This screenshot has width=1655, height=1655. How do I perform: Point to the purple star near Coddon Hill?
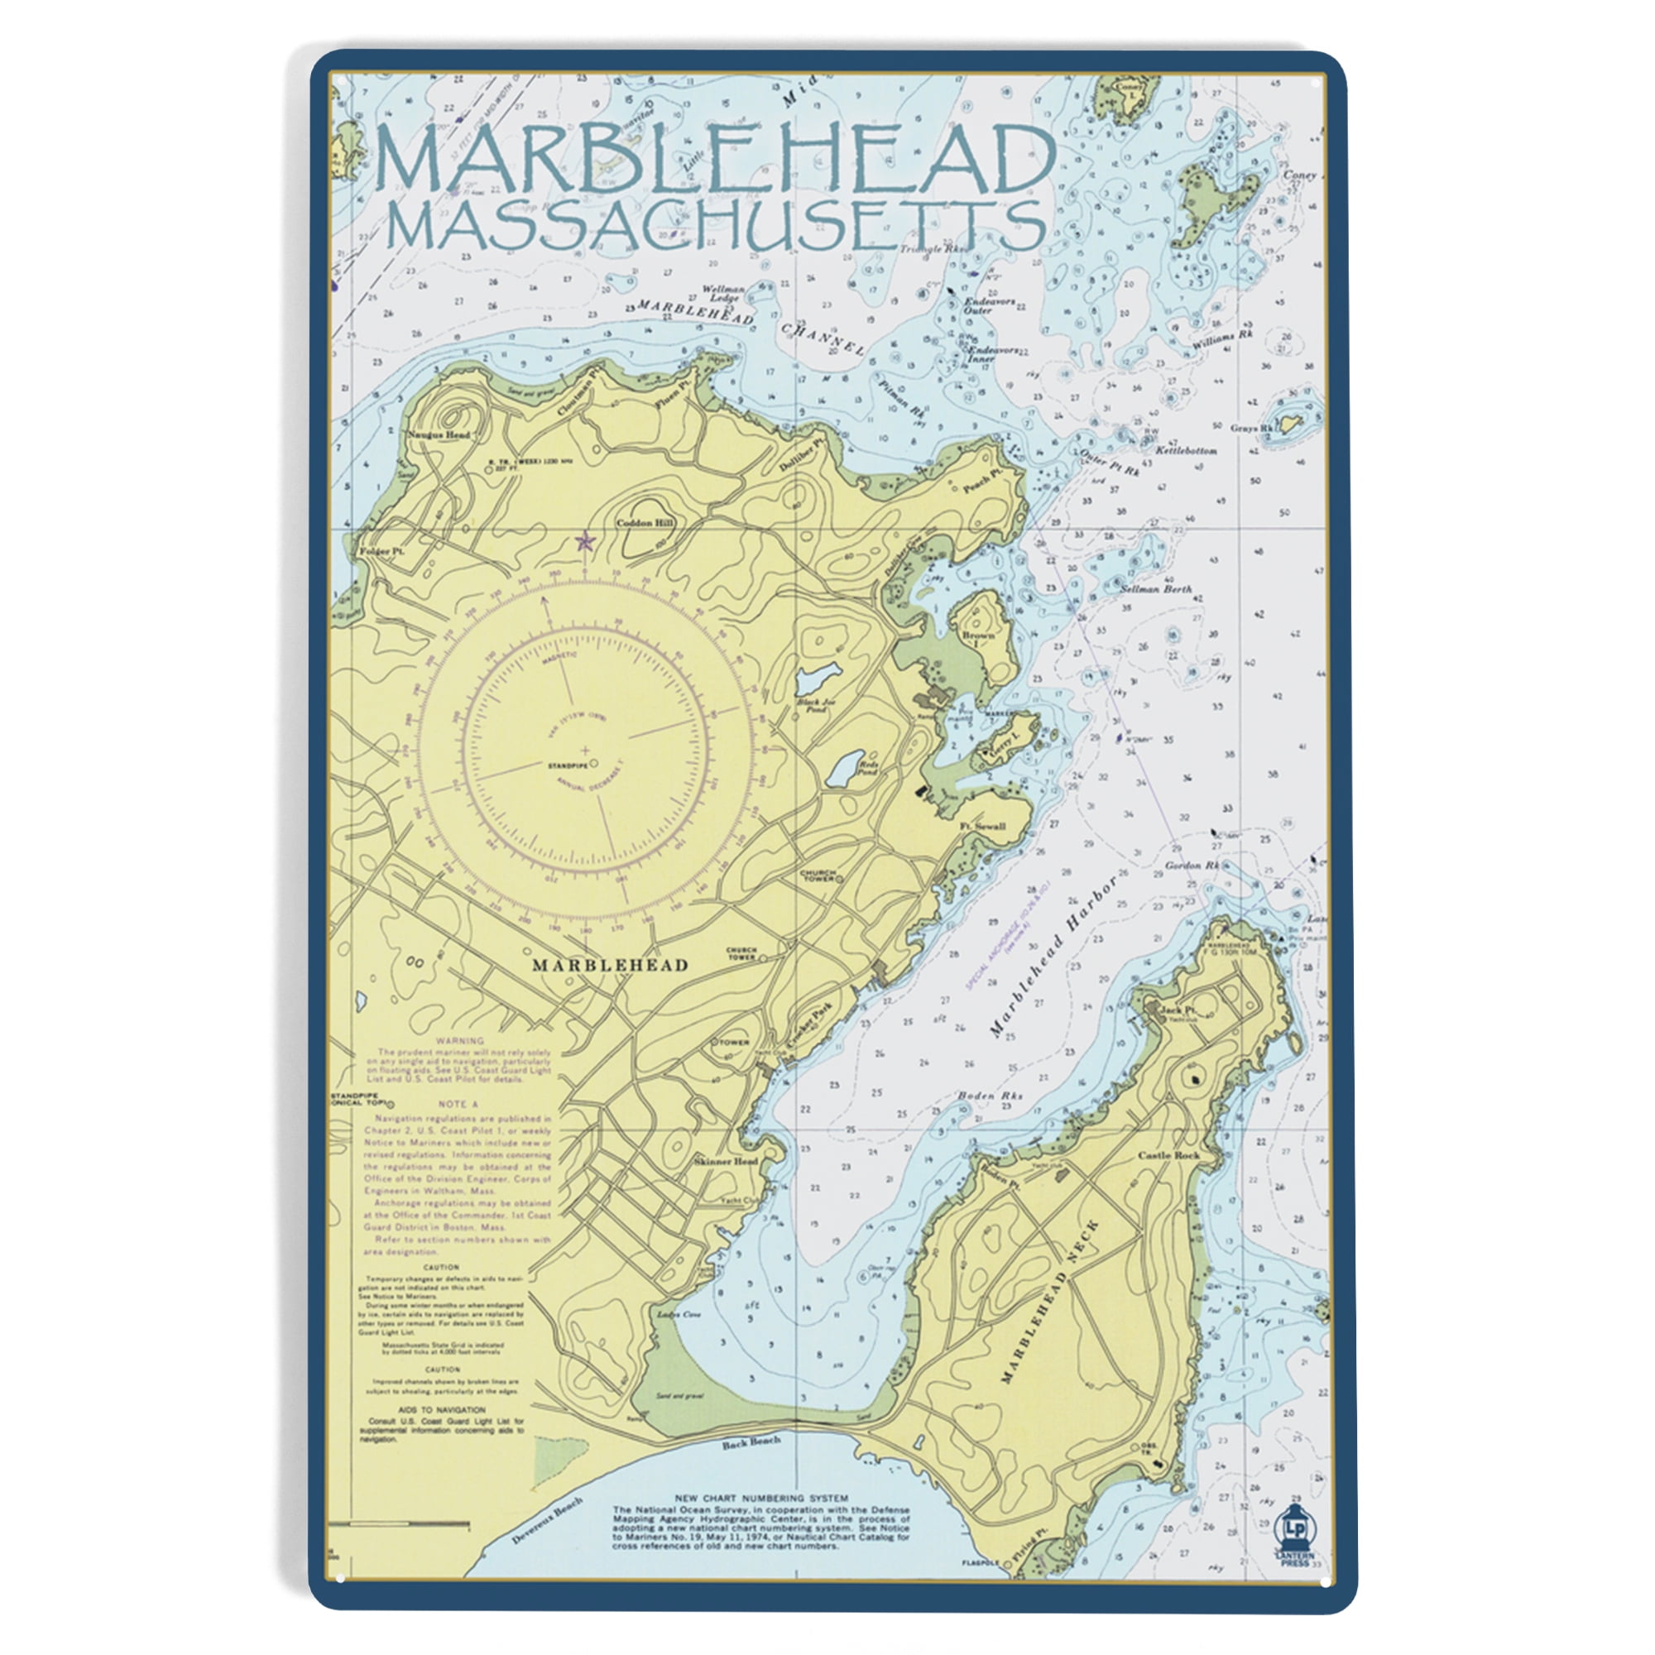(x=585, y=541)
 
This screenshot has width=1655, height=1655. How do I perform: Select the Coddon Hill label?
(x=646, y=522)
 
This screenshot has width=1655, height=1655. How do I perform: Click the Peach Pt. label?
(x=982, y=480)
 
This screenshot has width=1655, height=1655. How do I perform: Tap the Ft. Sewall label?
(x=982, y=827)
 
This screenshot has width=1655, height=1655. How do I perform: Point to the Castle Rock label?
(x=1168, y=1155)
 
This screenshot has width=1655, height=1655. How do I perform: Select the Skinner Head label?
(x=727, y=1162)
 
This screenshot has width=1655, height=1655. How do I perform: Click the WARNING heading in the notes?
(x=460, y=1041)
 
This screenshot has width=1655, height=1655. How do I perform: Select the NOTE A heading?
(x=458, y=1104)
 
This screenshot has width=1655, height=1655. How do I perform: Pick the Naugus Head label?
(x=439, y=435)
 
